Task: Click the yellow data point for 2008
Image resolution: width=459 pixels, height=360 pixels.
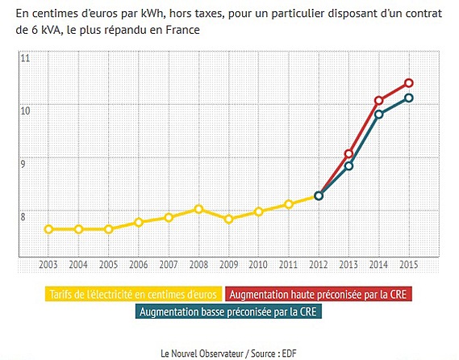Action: (198, 209)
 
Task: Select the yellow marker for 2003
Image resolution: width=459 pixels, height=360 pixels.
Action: (48, 229)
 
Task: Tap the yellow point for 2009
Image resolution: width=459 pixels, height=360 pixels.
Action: (228, 219)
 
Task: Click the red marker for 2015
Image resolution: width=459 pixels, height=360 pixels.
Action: (409, 83)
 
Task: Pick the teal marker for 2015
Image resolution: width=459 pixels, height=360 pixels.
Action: (409, 98)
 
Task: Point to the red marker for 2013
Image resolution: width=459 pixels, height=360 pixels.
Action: (349, 153)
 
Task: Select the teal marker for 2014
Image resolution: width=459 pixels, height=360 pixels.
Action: (379, 114)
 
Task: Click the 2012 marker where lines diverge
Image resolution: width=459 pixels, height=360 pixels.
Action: (319, 195)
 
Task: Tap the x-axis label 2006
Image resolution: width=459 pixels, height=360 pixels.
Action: (139, 265)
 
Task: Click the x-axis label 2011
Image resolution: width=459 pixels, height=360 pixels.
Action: (289, 265)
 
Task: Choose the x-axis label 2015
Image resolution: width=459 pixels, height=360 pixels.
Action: (409, 265)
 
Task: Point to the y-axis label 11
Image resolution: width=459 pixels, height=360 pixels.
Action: (26, 59)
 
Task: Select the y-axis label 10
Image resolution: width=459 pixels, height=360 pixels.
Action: (26, 111)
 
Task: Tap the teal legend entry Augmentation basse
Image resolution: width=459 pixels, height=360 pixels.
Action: (229, 311)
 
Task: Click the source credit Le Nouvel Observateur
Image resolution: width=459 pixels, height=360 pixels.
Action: (198, 353)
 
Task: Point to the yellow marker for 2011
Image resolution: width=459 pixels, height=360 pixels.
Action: (289, 204)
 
